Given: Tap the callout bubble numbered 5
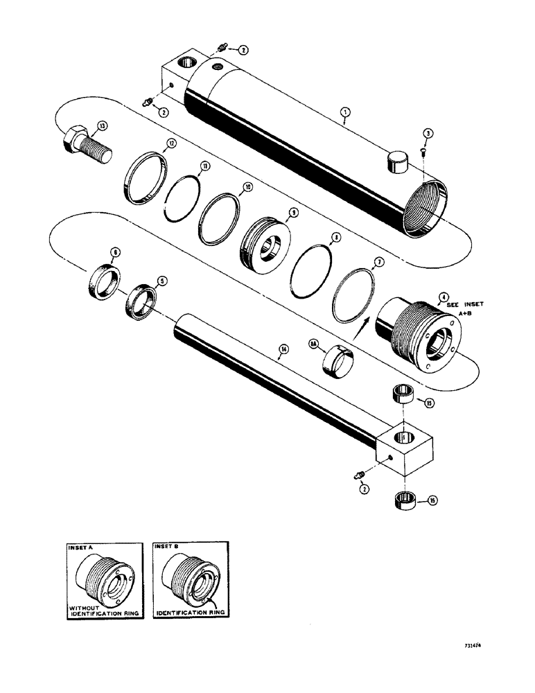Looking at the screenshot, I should coord(161,281).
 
